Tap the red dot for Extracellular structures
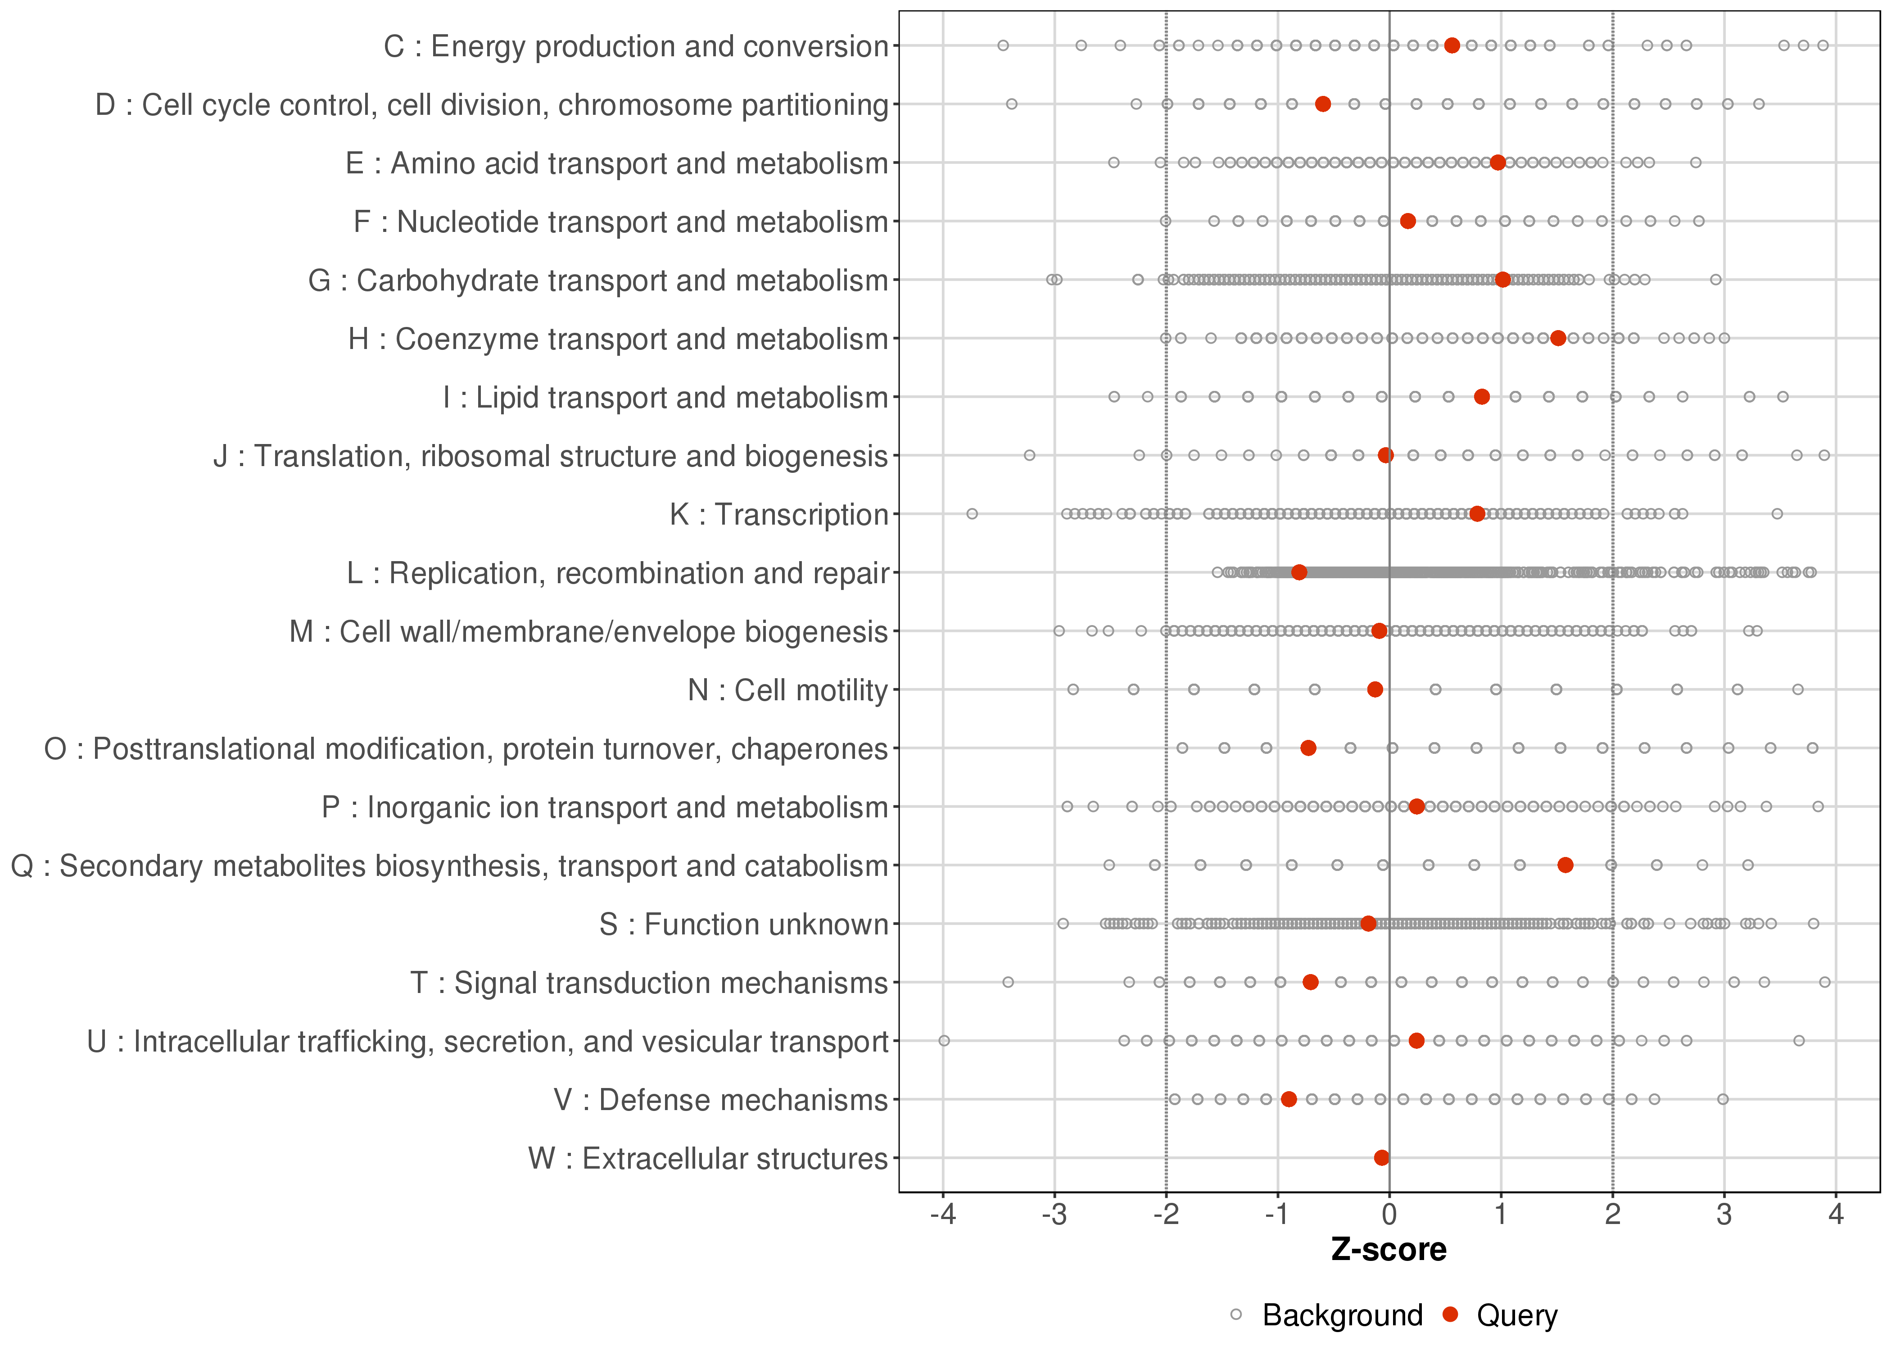coord(1381,1157)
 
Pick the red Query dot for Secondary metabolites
coord(1565,865)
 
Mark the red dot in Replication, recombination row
coord(1299,572)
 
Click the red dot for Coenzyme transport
coord(1558,338)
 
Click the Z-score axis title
coord(1389,1250)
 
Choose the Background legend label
coord(1342,1315)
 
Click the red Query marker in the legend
coord(1451,1315)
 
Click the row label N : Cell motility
coord(787,690)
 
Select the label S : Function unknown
coord(743,924)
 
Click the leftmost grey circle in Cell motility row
coord(1073,689)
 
